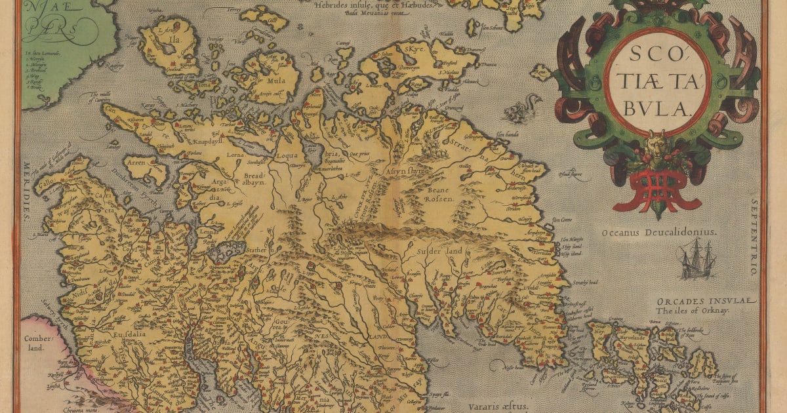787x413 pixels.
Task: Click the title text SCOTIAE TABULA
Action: tap(657, 81)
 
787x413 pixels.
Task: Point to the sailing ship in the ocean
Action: tap(698, 258)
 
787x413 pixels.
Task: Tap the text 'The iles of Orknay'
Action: tap(693, 311)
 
